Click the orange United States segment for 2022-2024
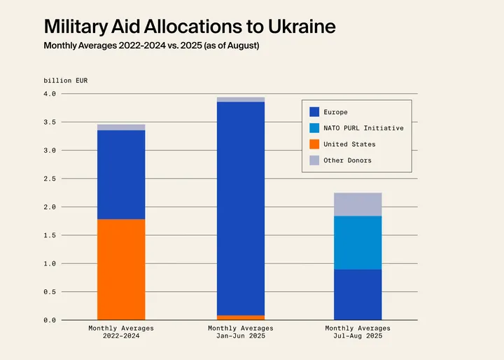tap(121, 270)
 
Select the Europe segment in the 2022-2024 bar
tap(121, 174)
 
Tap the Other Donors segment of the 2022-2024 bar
tap(121, 127)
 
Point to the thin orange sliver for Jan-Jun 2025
tap(241, 317)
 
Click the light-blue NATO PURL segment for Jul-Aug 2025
tap(358, 242)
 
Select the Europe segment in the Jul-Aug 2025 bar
tap(358, 295)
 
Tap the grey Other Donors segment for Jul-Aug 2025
tap(358, 204)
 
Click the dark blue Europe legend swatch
tap(314, 112)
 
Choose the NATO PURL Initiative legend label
tap(363, 128)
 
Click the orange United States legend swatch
tap(314, 144)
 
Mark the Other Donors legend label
tap(347, 160)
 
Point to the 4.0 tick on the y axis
tap(50, 94)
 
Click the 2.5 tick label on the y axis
tap(50, 179)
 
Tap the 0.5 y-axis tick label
tap(50, 292)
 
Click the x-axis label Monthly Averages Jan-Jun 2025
tap(241, 332)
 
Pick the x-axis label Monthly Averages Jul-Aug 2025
tap(358, 332)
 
